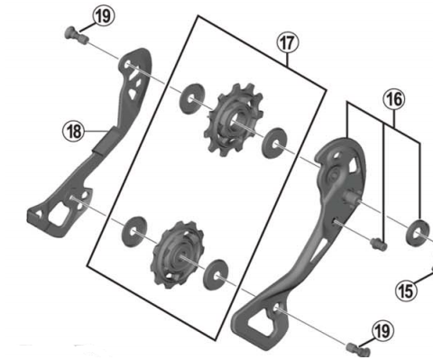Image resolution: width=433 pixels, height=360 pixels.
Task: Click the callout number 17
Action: (287, 42)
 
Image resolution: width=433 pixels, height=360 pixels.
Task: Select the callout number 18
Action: (73, 132)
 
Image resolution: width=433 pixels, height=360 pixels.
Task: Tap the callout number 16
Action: (393, 100)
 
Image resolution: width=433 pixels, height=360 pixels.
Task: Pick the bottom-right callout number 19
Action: (382, 331)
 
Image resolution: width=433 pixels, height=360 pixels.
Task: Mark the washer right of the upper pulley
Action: (272, 140)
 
